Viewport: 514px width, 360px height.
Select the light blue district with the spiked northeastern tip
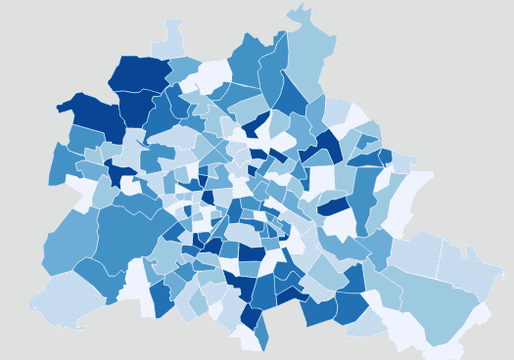(305, 54)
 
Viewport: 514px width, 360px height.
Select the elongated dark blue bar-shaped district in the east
(334, 205)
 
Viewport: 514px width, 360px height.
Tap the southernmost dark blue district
(252, 317)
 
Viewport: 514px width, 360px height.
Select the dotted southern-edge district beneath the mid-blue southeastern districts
(367, 324)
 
